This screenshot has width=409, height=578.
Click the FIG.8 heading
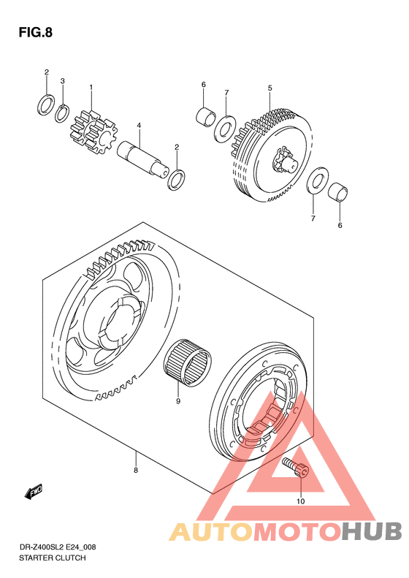[35, 32]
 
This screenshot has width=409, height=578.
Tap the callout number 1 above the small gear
[91, 88]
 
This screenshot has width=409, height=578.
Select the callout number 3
[62, 80]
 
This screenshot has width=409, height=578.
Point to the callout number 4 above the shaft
[139, 126]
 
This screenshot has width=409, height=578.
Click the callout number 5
[270, 88]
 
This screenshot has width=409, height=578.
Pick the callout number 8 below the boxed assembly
[136, 471]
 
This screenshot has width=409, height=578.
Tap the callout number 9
[178, 401]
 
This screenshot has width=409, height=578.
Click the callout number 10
[301, 501]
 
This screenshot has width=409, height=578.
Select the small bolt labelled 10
[296, 468]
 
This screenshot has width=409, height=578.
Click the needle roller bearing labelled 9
[188, 362]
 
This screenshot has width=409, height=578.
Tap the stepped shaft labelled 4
[143, 158]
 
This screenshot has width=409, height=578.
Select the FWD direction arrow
[34, 491]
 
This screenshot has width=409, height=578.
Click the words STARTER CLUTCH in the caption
[53, 558]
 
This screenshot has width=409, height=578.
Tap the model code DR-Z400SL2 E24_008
[57, 547]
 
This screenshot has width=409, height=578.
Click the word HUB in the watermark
[372, 531]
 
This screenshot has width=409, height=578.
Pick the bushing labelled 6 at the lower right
[338, 192]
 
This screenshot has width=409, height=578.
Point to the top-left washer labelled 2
[47, 104]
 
